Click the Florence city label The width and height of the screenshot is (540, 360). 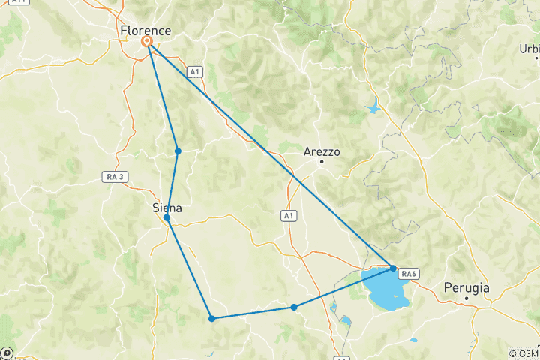pyautogui.click(x=145, y=31)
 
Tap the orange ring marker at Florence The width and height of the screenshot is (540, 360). pyautogui.click(x=147, y=42)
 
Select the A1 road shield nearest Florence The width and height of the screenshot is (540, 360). pyautogui.click(x=195, y=71)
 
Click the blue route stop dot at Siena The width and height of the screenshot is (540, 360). pyautogui.click(x=166, y=217)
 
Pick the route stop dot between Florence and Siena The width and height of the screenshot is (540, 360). pyautogui.click(x=178, y=151)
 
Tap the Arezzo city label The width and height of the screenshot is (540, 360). pyautogui.click(x=322, y=151)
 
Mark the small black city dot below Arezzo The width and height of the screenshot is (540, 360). pyautogui.click(x=322, y=161)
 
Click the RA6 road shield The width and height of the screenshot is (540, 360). pyautogui.click(x=408, y=273)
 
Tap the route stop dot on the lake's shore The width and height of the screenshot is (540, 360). pyautogui.click(x=393, y=268)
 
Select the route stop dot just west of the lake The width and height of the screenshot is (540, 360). pyautogui.click(x=294, y=307)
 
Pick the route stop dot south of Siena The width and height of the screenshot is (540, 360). pyautogui.click(x=212, y=319)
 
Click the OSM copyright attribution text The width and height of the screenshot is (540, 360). pyautogui.click(x=524, y=353)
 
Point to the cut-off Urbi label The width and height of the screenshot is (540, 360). pyautogui.click(x=529, y=49)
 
